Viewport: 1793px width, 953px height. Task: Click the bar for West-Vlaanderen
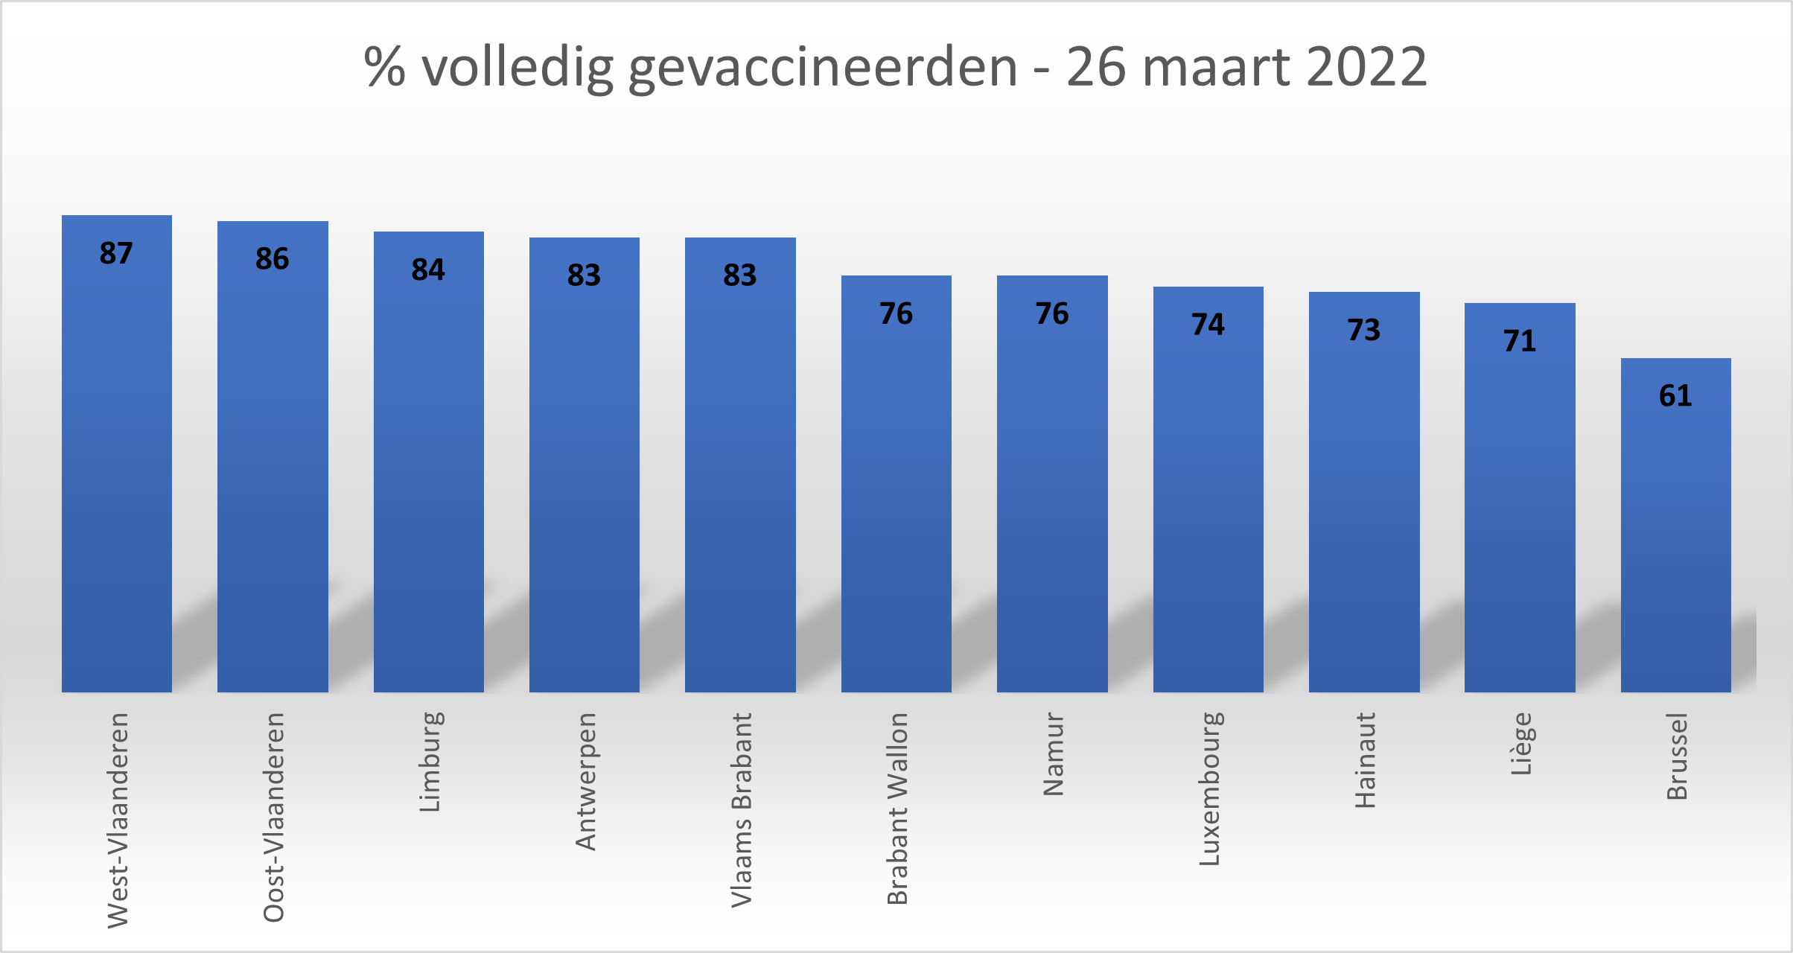pos(117,454)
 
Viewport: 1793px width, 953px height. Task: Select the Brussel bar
pos(1675,525)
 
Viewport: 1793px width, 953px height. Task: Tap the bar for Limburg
pos(429,462)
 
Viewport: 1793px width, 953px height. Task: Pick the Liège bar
pos(1520,497)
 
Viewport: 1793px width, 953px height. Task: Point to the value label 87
pos(116,253)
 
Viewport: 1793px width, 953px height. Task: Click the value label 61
pos(1675,395)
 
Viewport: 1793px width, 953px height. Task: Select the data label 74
pos(1208,324)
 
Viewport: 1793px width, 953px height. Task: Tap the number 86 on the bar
pos(272,258)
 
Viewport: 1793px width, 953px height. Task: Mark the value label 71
pos(1520,340)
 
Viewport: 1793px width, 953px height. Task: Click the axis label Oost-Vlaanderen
pos(274,817)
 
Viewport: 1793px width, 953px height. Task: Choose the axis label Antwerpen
pos(586,781)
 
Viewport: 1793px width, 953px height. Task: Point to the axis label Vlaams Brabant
pos(742,809)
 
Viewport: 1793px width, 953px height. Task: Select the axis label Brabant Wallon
pos(897,809)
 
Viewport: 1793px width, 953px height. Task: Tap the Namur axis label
pos(1053,754)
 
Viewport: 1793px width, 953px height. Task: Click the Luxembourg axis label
pos(1209,789)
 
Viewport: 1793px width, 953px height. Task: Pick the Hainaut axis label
pos(1365,760)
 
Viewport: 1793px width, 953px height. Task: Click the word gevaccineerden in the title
pos(822,67)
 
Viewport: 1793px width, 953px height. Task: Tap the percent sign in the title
pos(384,67)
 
